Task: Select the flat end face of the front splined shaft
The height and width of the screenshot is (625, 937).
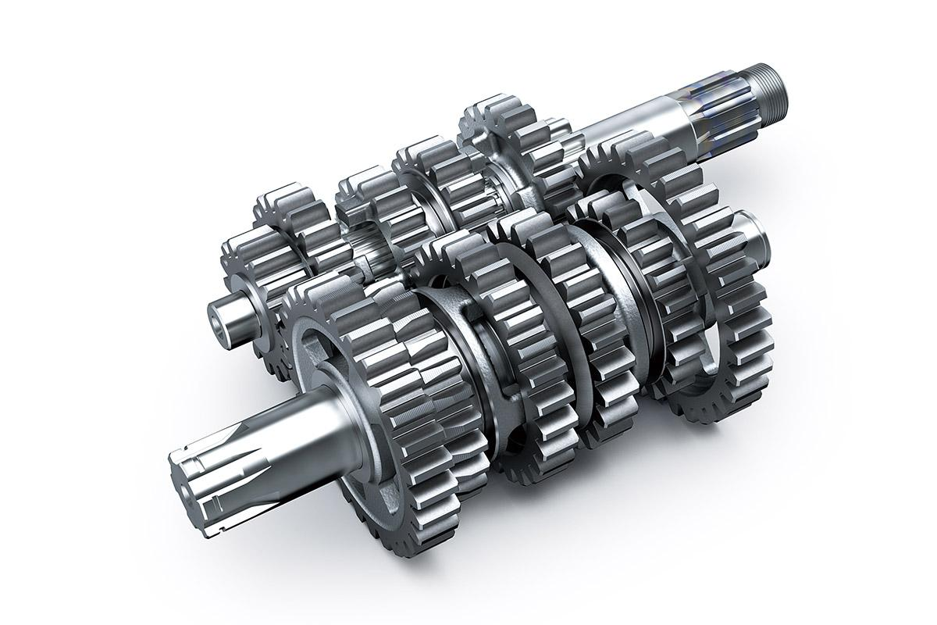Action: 183,477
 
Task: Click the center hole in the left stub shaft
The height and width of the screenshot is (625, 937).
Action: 218,320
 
